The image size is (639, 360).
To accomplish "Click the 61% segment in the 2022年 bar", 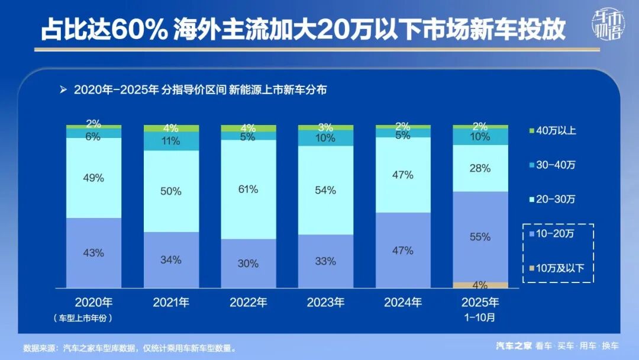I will (x=248, y=189).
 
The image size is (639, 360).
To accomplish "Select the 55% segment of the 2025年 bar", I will (x=480, y=237).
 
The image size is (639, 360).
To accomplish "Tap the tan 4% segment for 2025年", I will (x=480, y=285).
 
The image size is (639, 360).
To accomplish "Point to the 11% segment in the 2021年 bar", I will (x=172, y=142).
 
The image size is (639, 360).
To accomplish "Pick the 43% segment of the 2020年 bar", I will (x=93, y=253).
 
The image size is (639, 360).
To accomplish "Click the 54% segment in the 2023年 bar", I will (x=325, y=190).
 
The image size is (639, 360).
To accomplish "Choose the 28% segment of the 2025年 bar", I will (x=480, y=168).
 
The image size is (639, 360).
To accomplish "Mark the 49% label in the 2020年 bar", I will (x=93, y=178).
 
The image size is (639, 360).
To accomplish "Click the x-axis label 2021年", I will (x=172, y=303).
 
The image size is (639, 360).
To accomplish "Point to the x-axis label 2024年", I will (x=403, y=303).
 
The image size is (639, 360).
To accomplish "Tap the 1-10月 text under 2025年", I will (x=480, y=317).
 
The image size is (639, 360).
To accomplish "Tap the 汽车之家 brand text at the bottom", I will (x=514, y=346).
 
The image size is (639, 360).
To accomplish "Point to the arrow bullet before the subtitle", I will (x=63, y=90).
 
